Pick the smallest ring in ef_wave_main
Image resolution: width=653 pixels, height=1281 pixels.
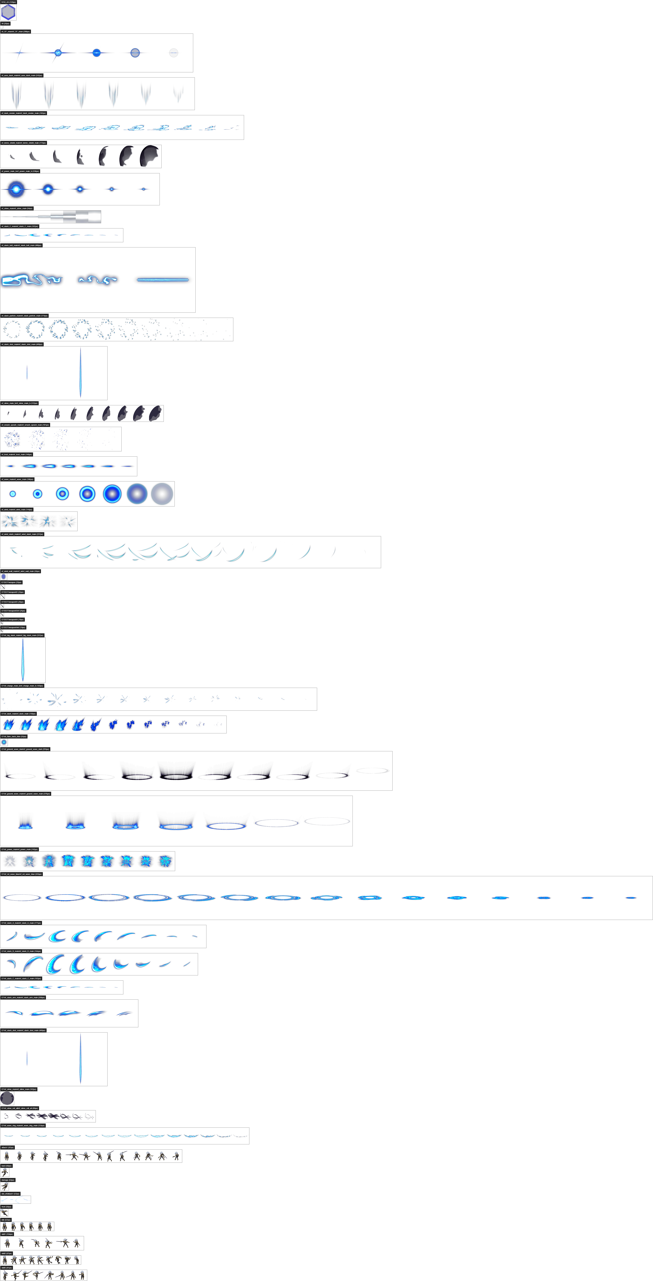pyautogui.click(x=13, y=494)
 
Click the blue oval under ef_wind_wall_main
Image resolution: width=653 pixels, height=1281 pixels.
pyautogui.click(x=3, y=577)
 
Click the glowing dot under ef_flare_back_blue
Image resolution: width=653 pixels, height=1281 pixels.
pyautogui.click(x=4, y=742)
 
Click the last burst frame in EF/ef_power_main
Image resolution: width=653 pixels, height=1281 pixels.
pyautogui.click(x=165, y=861)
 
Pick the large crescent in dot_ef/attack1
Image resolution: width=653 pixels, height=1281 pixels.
pyautogui.click(x=22, y=1199)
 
